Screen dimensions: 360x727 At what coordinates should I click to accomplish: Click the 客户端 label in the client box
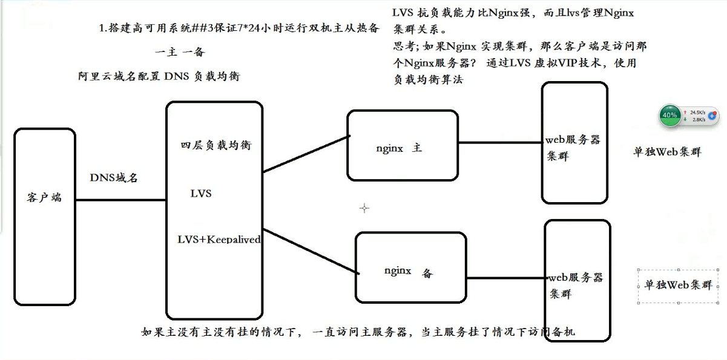tap(44, 198)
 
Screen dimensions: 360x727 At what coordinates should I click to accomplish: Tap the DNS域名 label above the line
tap(114, 177)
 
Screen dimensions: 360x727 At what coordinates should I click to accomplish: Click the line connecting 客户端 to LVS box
tap(121, 200)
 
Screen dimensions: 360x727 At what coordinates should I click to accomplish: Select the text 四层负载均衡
tap(215, 145)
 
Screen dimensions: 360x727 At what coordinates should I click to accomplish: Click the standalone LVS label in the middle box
tap(201, 194)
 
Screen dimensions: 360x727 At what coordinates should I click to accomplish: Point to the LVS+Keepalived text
tap(219, 240)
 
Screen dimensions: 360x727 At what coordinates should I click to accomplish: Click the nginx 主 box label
tap(398, 148)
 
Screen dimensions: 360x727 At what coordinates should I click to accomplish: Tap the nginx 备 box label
tap(407, 272)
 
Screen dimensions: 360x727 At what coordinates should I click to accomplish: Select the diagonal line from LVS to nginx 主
tap(306, 154)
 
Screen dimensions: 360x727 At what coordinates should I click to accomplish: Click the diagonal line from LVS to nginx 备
tap(309, 250)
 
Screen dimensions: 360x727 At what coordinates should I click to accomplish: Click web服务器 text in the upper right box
tap(573, 140)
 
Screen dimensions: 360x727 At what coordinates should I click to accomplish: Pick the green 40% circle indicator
tap(669, 115)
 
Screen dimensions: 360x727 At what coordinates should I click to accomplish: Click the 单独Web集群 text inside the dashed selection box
tap(678, 285)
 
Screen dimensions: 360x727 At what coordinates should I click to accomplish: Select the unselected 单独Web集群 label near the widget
tap(666, 152)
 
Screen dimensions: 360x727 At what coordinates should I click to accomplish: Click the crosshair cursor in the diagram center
tap(364, 208)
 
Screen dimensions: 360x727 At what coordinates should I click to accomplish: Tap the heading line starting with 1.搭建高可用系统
tap(240, 28)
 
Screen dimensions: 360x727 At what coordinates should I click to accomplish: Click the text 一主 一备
tap(180, 52)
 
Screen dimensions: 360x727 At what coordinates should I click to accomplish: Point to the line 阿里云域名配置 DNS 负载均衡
tap(163, 76)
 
